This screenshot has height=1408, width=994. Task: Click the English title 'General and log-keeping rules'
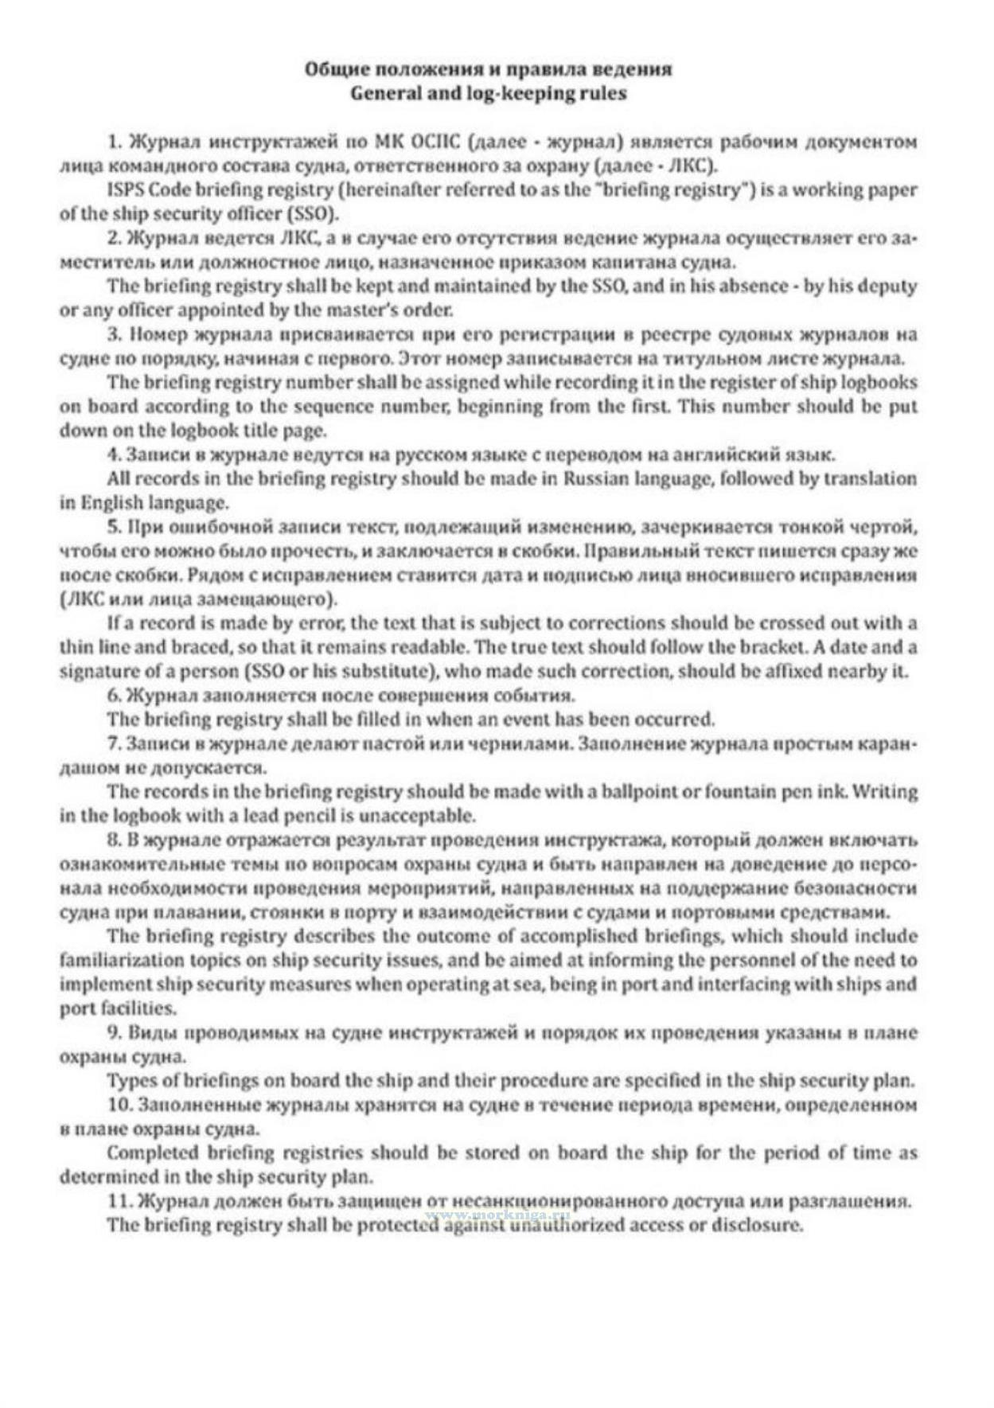coord(488,93)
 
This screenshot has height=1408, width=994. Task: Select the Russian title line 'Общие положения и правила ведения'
coord(488,68)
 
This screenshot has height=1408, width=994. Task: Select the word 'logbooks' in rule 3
coord(883,382)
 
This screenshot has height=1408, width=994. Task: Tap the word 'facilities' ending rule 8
coord(116,1008)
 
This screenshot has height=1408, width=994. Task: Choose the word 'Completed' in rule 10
coord(152,1153)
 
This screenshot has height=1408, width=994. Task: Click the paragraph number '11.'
coord(120,1200)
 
